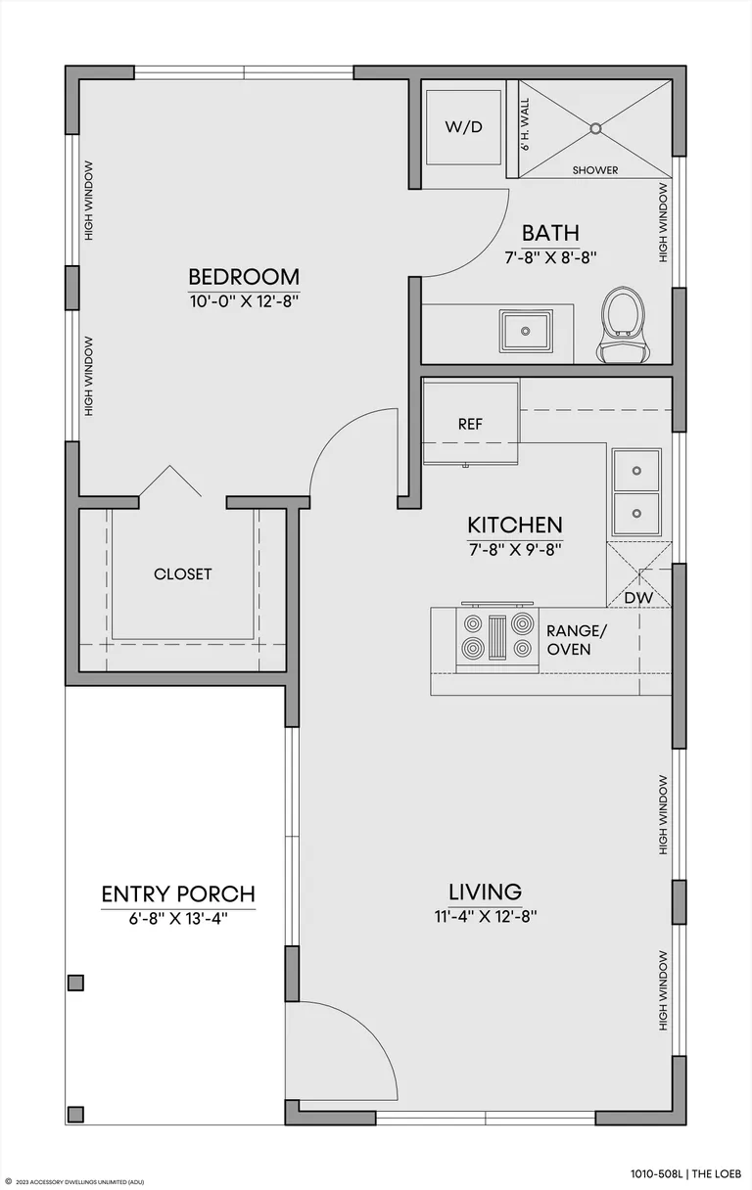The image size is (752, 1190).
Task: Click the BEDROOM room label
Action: [x=244, y=277]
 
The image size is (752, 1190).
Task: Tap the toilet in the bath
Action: [x=623, y=325]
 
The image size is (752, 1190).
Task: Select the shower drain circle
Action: [x=595, y=128]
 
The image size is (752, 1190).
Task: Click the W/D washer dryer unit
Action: [x=463, y=127]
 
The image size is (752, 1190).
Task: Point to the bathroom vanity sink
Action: [x=526, y=332]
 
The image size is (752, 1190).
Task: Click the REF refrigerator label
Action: [x=470, y=424]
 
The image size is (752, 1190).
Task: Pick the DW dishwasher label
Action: [x=638, y=598]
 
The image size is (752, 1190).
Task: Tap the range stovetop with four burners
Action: [x=497, y=638]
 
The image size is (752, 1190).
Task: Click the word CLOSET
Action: [x=183, y=573]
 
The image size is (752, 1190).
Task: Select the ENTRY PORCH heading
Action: [x=178, y=894]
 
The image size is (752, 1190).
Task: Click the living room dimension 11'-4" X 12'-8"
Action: [x=486, y=916]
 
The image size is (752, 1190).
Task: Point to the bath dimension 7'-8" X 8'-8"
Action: [x=550, y=257]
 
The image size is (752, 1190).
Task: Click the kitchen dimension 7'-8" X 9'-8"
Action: [x=515, y=549]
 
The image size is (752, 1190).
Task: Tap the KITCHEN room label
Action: [x=515, y=525]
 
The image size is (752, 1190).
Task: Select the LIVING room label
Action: [x=486, y=892]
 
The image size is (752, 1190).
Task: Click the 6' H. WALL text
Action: [x=525, y=124]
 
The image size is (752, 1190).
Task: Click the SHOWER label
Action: [x=595, y=170]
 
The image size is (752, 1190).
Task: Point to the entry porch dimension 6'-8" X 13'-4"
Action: [x=178, y=919]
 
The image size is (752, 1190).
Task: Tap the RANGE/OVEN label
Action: [x=577, y=640]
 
